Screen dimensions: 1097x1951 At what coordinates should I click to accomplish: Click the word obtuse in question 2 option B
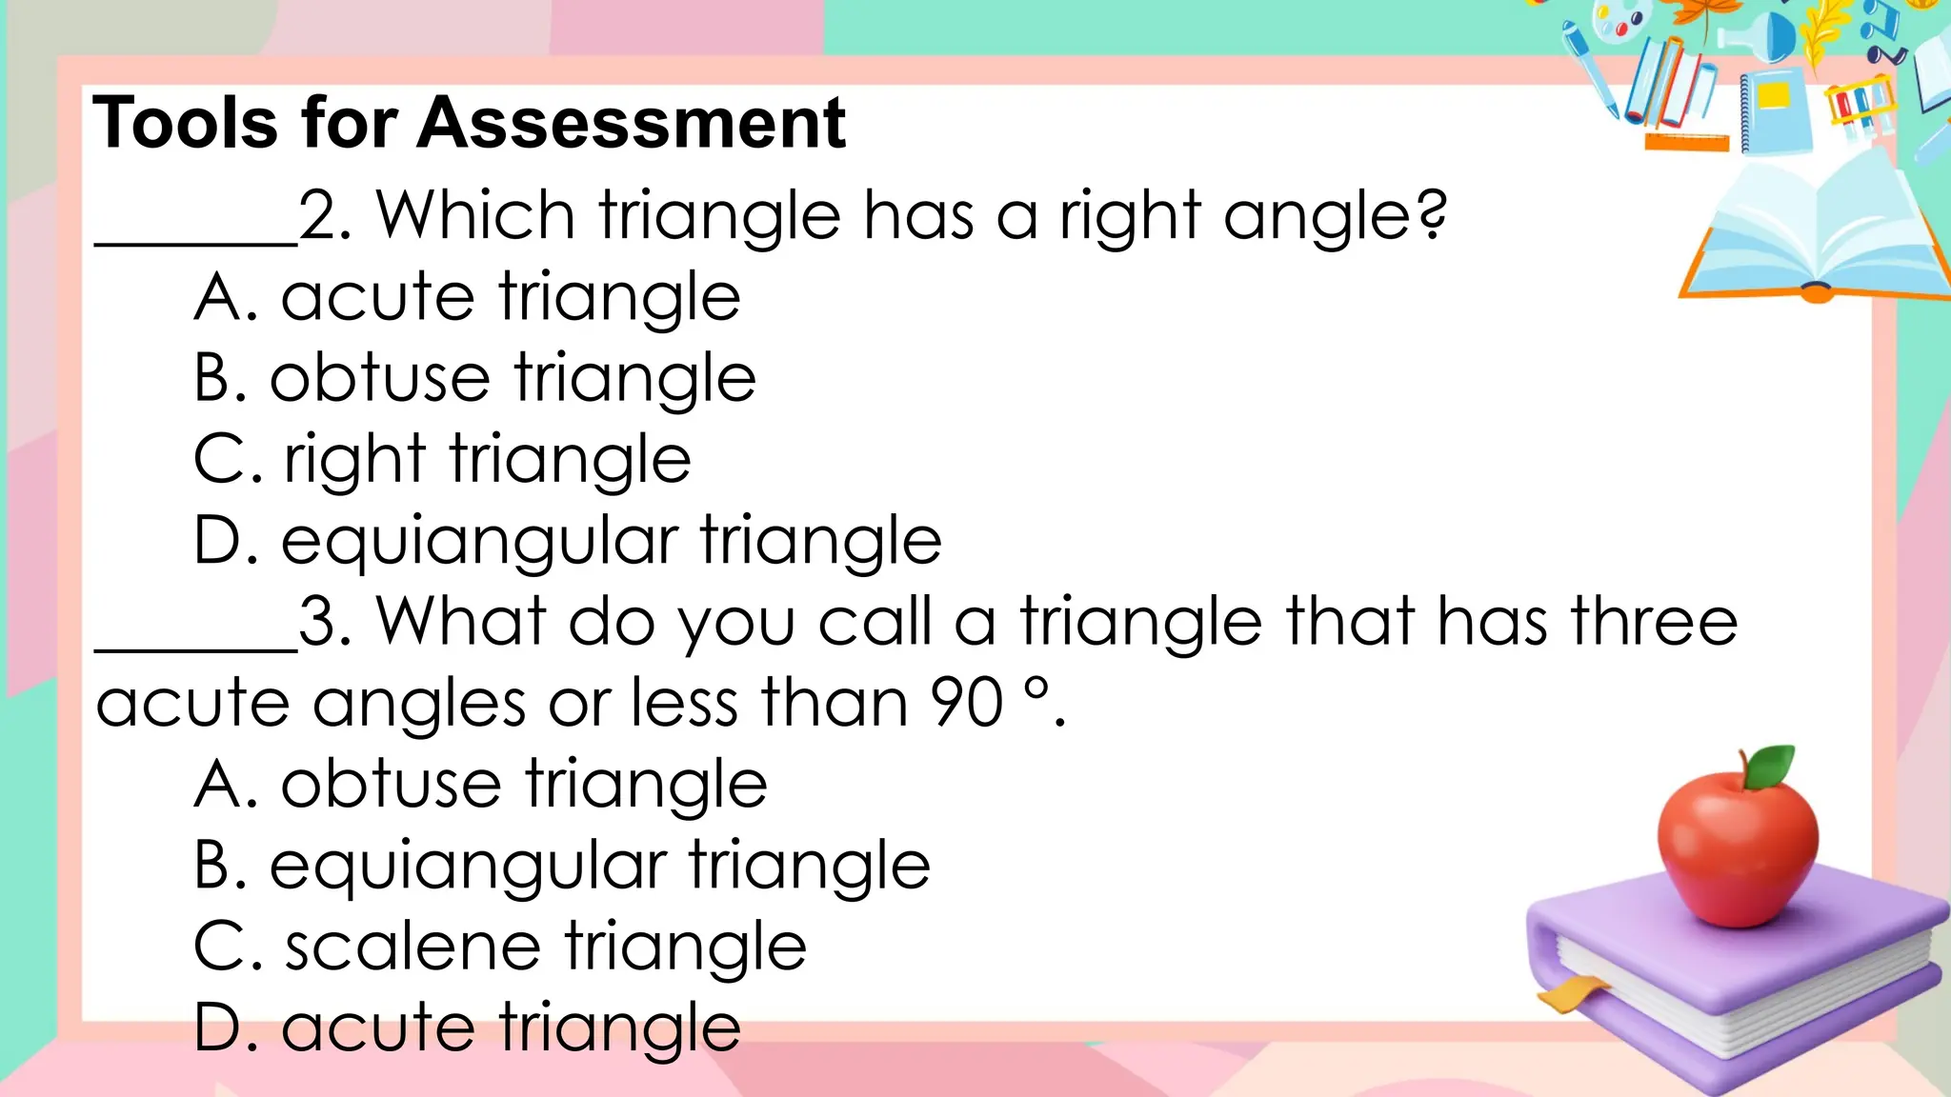pos(379,378)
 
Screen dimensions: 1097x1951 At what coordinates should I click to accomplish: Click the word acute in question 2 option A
pos(377,298)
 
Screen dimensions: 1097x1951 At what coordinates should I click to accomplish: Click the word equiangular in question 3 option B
pos(468,868)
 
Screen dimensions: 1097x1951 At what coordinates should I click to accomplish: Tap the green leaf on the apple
pos(1772,766)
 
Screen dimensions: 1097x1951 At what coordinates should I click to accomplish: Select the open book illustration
pos(1815,238)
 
